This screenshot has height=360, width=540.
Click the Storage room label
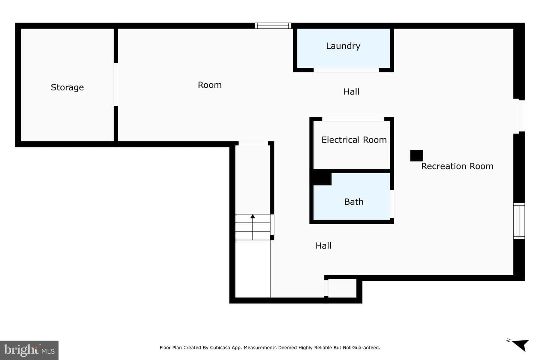tap(67, 87)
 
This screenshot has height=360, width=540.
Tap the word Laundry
tap(343, 46)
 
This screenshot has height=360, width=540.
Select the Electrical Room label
tap(354, 140)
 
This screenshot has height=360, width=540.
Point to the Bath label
tap(354, 202)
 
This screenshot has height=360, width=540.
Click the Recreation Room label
tap(457, 166)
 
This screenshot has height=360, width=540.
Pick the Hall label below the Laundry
tap(351, 91)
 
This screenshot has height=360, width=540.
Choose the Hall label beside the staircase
tap(323, 246)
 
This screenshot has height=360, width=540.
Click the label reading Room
tap(210, 85)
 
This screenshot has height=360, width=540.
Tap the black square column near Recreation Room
tap(417, 156)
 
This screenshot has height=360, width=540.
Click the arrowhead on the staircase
tap(253, 216)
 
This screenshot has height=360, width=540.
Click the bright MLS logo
tap(29, 350)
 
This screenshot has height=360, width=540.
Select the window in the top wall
tap(273, 26)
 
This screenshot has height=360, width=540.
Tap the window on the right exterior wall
tap(519, 221)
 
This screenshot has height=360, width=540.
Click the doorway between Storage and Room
tap(116, 84)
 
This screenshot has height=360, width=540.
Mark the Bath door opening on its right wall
tap(392, 204)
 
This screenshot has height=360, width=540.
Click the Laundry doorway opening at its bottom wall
tap(346, 70)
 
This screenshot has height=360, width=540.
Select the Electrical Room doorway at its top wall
tap(353, 119)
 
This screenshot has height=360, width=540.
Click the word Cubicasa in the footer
tap(220, 348)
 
